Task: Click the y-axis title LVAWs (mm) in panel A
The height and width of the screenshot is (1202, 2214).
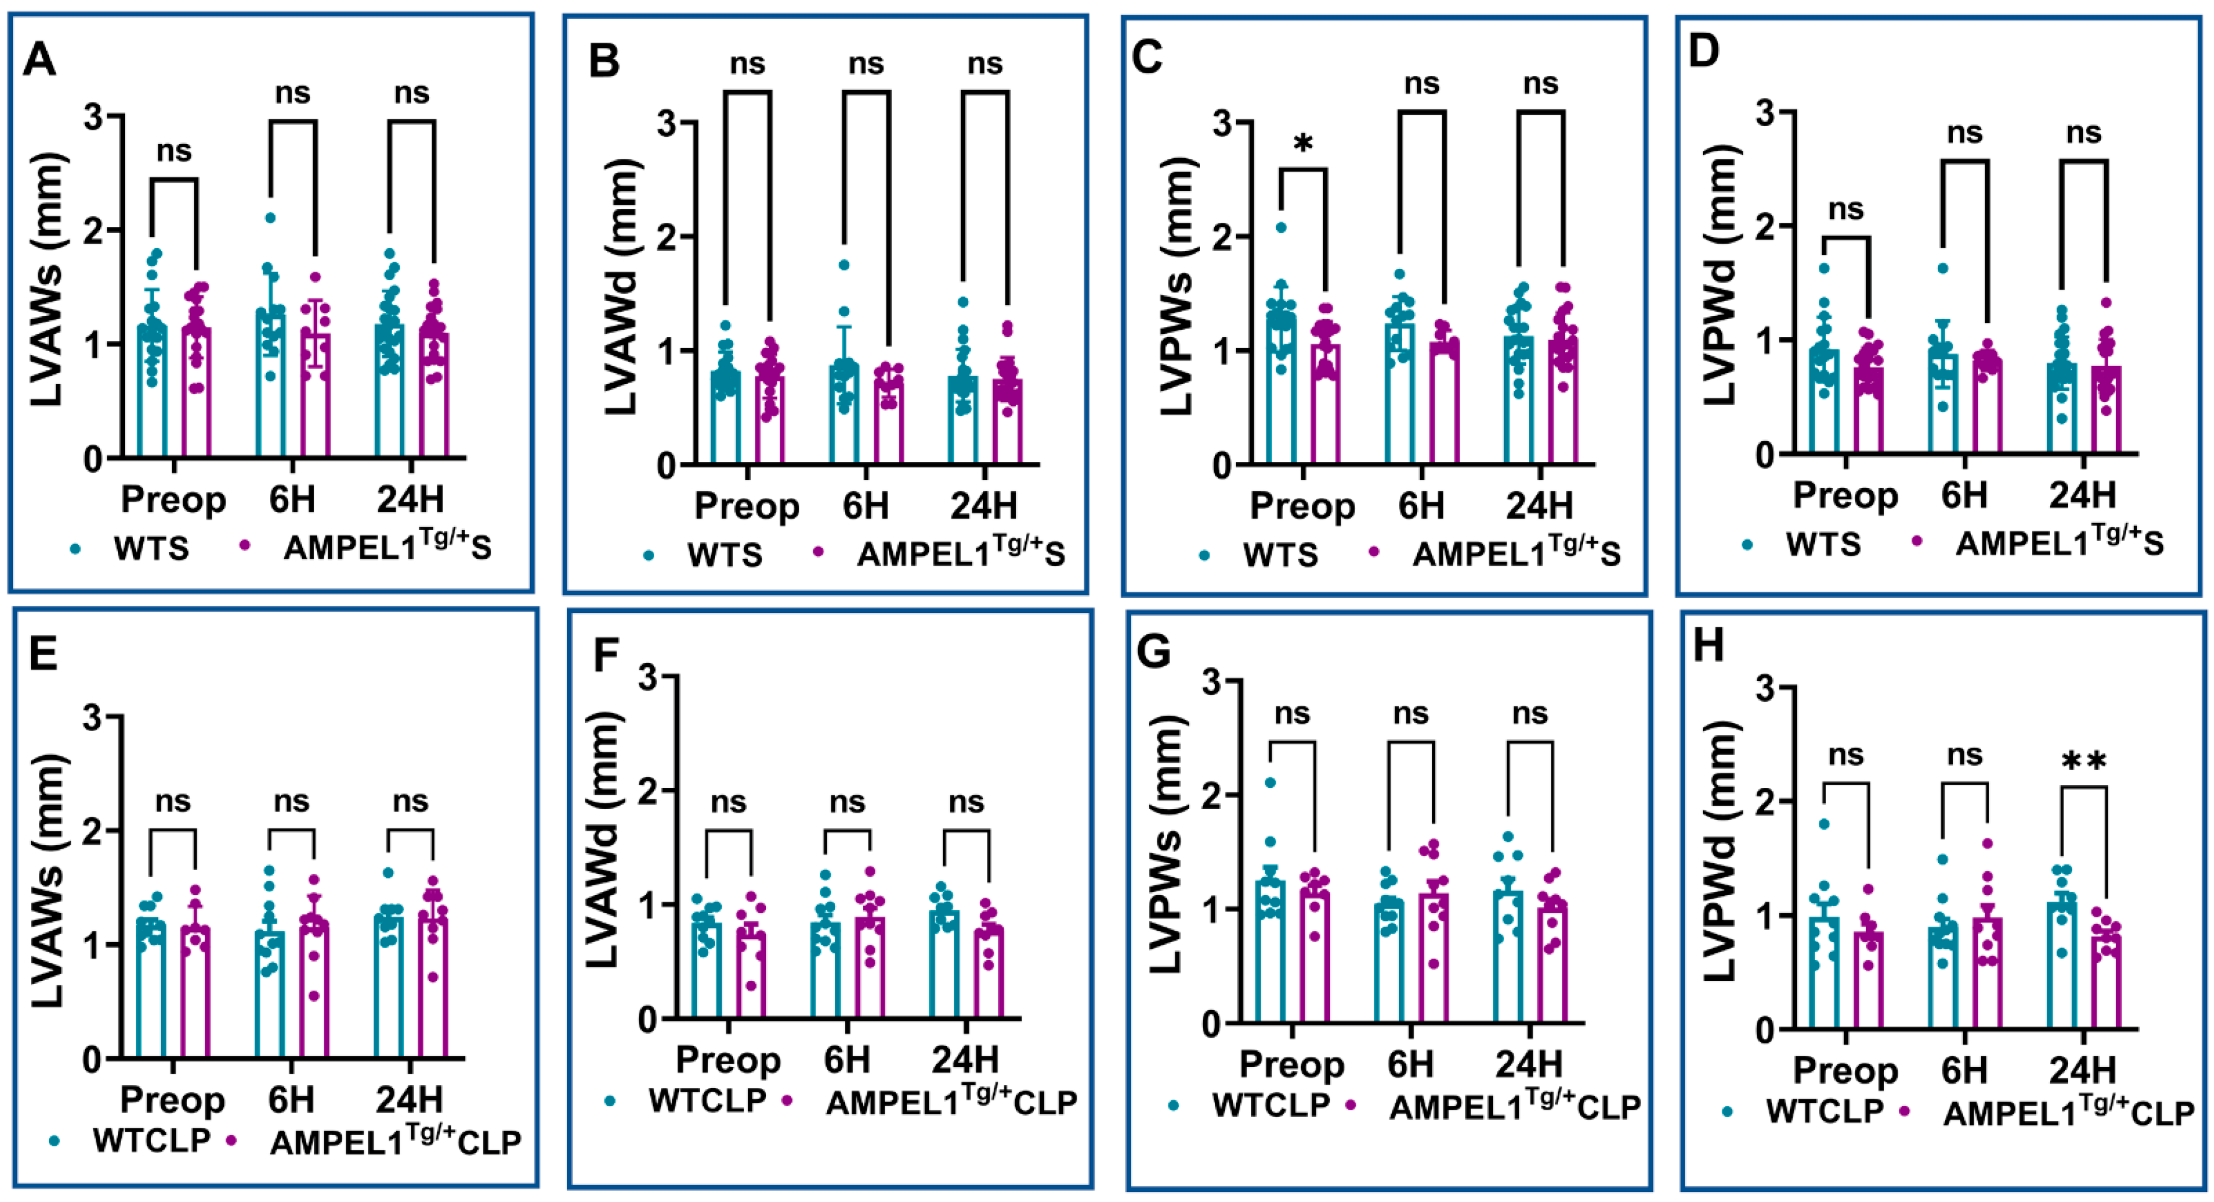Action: [x=47, y=280]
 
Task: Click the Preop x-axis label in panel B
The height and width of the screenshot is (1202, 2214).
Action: [x=746, y=506]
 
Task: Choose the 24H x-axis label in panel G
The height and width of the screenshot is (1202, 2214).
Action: [x=1528, y=1064]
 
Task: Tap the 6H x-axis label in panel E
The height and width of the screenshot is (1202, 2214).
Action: [x=291, y=1100]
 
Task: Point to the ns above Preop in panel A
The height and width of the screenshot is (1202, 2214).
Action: [x=174, y=151]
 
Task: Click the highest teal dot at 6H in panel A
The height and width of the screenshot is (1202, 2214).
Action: [x=270, y=218]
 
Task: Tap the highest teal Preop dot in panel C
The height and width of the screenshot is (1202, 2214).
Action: [x=1280, y=228]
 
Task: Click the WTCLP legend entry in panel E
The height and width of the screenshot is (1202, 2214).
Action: [x=151, y=1141]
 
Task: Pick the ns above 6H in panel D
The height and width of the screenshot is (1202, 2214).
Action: [x=1965, y=133]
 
